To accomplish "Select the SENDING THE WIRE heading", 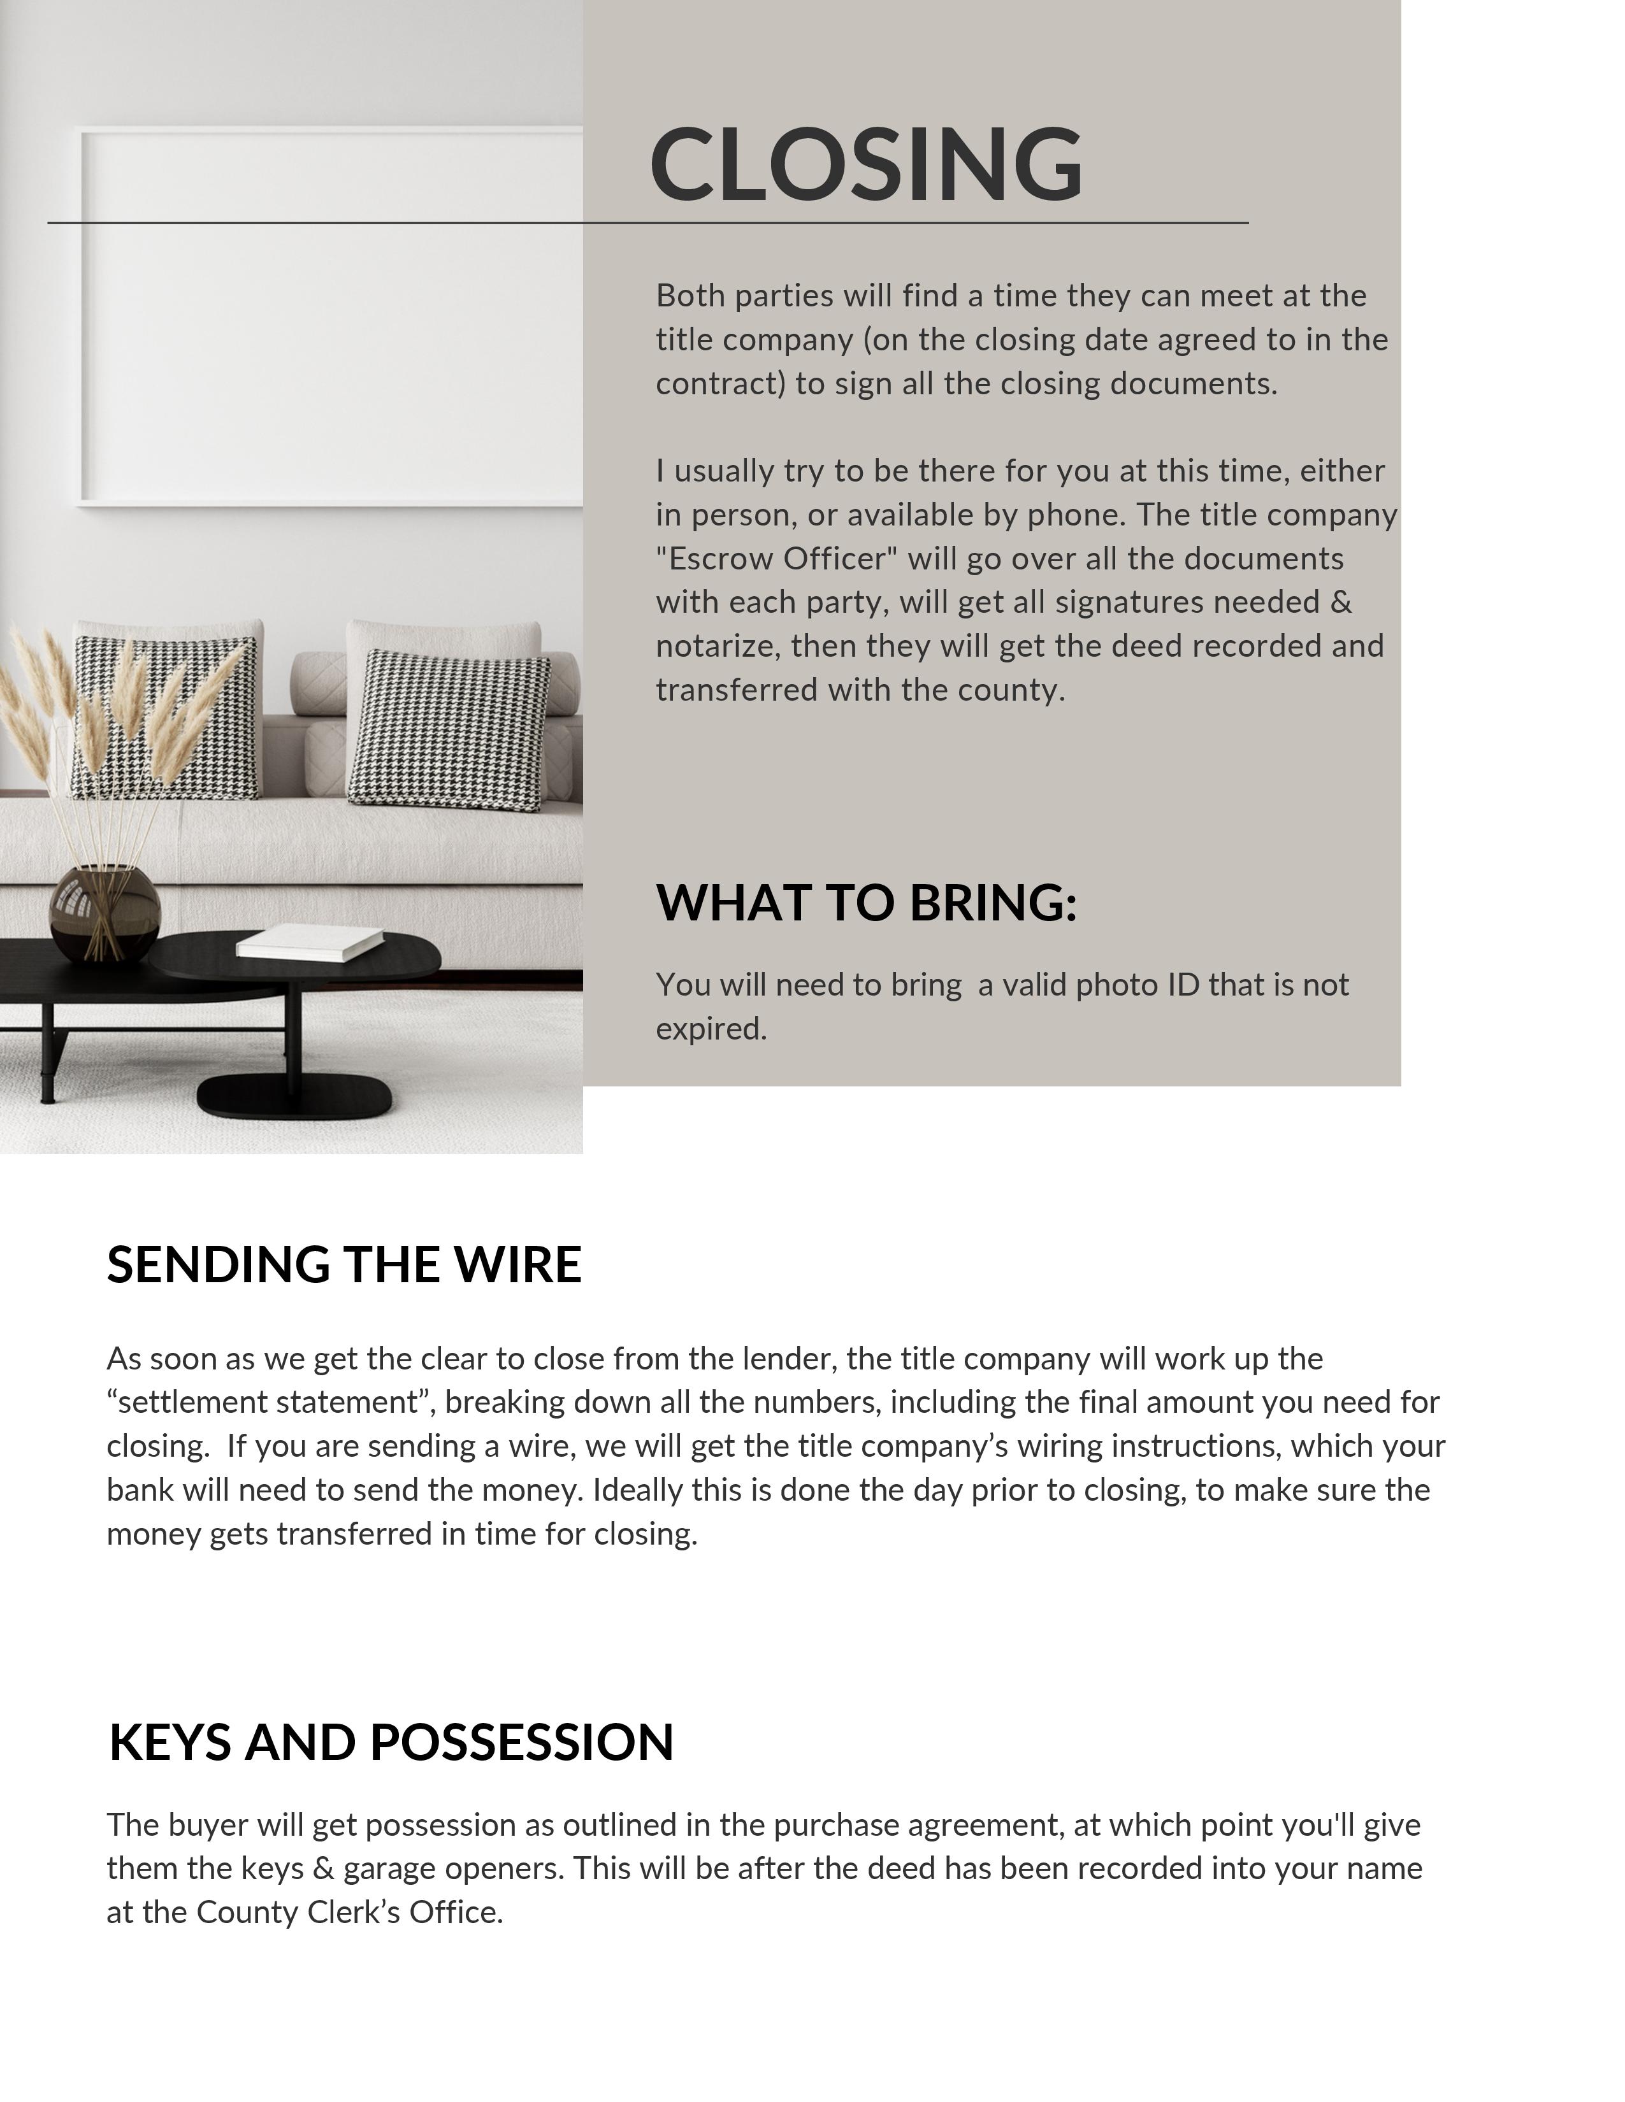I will pyautogui.click(x=343, y=1264).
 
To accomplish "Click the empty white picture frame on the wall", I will pyautogui.click(x=328, y=318).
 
